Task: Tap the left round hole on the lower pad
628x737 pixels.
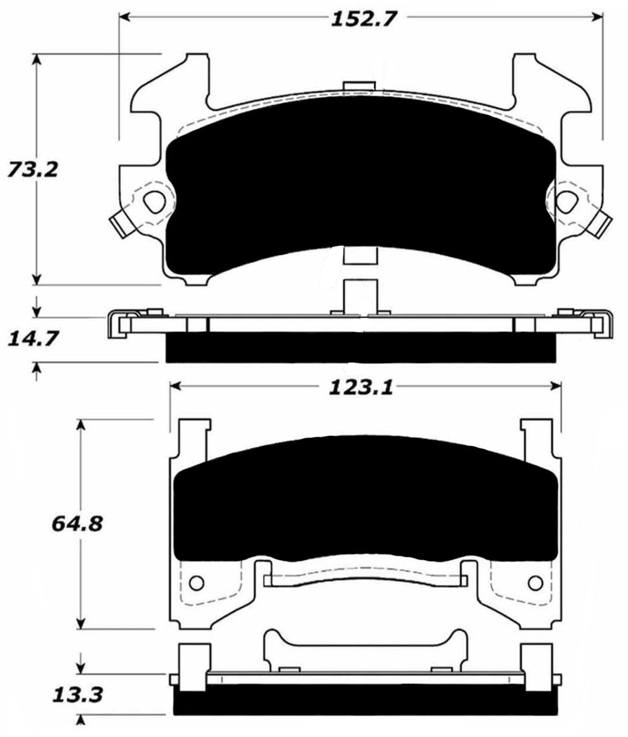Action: pos(196,581)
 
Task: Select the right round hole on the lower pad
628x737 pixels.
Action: pos(538,581)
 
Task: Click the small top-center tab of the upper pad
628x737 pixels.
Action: pos(359,86)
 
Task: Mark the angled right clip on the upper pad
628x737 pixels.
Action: pos(603,225)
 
